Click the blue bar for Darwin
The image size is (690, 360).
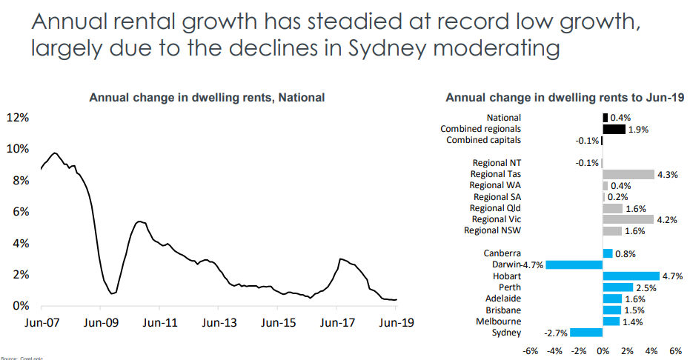pyautogui.click(x=574, y=264)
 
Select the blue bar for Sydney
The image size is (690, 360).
pyautogui.click(x=586, y=333)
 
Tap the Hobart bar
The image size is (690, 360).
pyautogui.click(x=631, y=276)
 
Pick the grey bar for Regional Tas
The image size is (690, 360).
pyautogui.click(x=628, y=174)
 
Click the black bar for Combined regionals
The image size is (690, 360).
pyautogui.click(x=614, y=129)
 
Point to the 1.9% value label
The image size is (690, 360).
pyautogui.click(x=638, y=129)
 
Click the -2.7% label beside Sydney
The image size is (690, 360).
pyautogui.click(x=556, y=333)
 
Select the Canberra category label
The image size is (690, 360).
pyautogui.click(x=502, y=253)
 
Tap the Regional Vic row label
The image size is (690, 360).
pyautogui.click(x=496, y=219)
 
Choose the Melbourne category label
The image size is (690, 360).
pyautogui.click(x=500, y=321)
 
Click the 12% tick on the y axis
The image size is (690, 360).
pyautogui.click(x=18, y=118)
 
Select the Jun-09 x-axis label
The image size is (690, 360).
pyautogui.click(x=102, y=323)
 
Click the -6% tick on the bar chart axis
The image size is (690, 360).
pyautogui.click(x=531, y=350)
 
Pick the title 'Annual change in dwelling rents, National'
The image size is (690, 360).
pyautogui.click(x=207, y=98)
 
